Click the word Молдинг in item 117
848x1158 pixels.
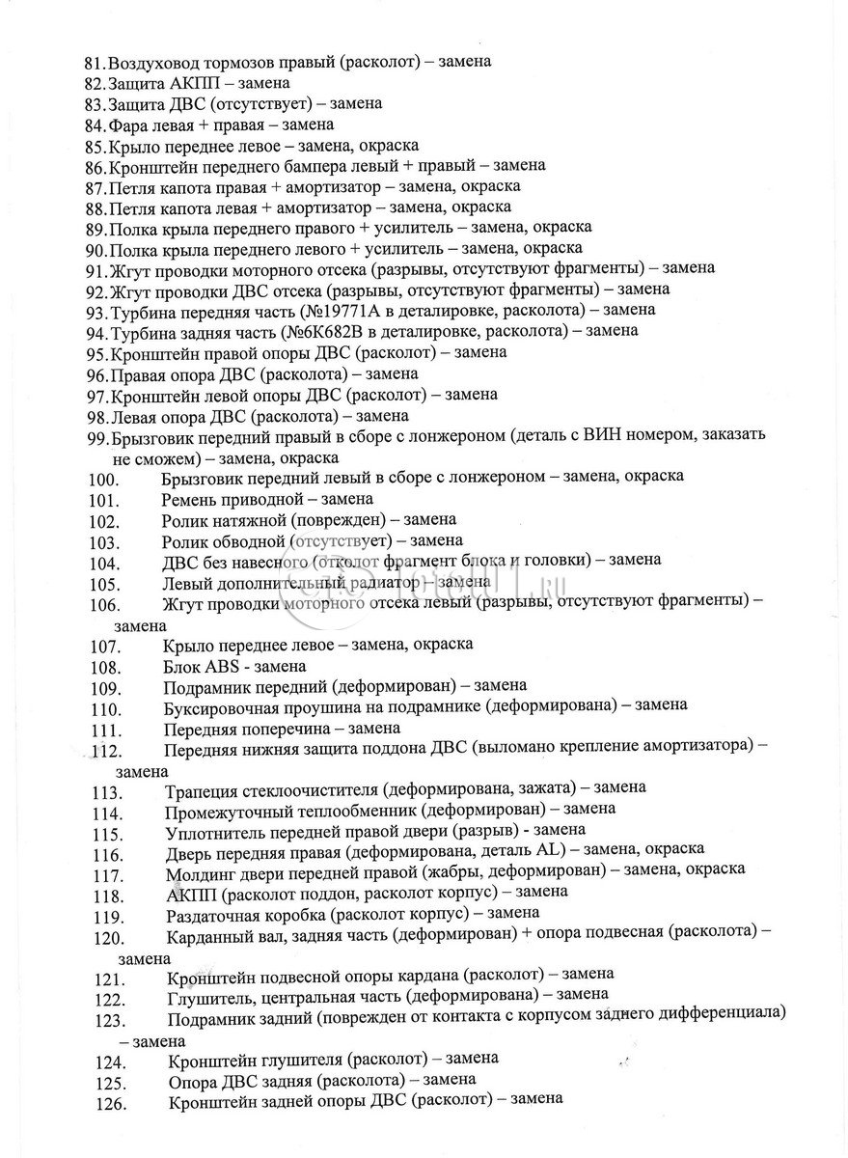(x=201, y=870)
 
